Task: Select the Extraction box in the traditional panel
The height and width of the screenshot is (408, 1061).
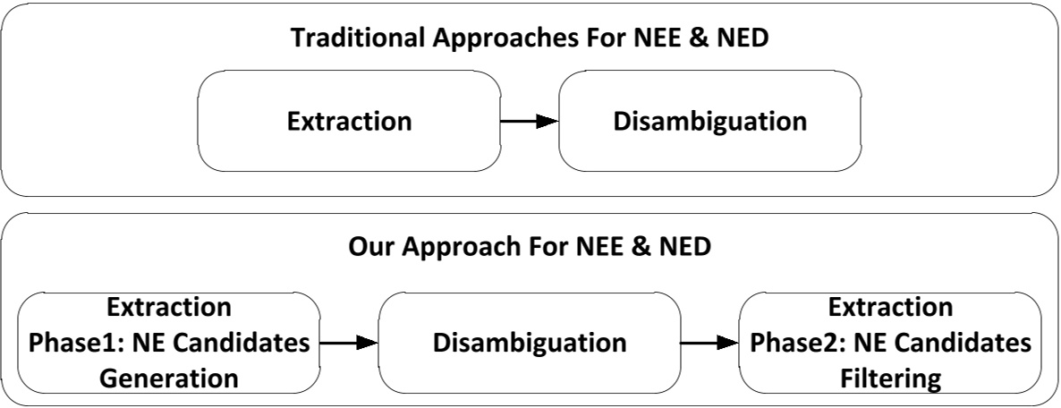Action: pos(349,121)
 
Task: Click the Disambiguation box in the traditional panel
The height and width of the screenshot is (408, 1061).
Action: pos(709,121)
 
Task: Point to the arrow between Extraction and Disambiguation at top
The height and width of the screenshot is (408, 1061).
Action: pos(529,121)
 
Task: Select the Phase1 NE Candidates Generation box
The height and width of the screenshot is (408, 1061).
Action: pos(168,343)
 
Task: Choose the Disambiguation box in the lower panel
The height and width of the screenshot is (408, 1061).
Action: pos(530,343)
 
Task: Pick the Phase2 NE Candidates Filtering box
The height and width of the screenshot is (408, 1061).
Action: pos(890,343)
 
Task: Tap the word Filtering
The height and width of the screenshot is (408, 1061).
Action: pos(890,378)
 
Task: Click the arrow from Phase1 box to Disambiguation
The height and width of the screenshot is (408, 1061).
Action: pos(349,343)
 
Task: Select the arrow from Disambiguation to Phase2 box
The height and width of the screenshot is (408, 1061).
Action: pos(709,343)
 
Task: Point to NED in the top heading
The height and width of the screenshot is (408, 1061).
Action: pos(743,39)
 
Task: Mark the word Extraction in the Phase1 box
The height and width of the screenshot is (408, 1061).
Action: pos(168,308)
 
